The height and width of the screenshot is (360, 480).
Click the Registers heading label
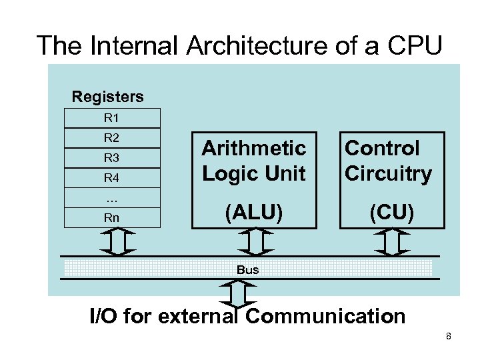coord(107,97)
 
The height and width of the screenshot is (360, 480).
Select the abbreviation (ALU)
coord(253,213)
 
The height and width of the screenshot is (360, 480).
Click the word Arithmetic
coord(253,147)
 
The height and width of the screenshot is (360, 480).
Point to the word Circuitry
coord(388,173)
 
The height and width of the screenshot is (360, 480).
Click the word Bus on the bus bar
coord(247,269)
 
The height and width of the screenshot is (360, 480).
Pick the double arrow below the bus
coord(237,293)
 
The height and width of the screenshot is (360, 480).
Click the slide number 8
coord(449,336)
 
